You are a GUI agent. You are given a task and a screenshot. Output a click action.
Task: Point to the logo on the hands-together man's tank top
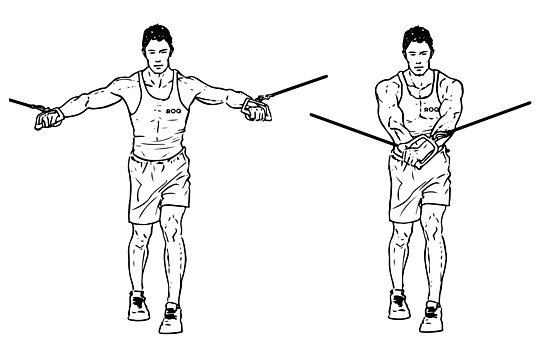(x=431, y=109)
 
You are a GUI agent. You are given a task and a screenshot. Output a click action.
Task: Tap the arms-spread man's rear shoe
(x=139, y=303)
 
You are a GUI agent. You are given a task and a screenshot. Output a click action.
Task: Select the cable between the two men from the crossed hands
(x=350, y=130)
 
